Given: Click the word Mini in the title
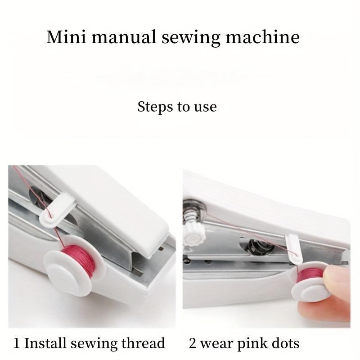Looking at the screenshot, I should tap(62, 37).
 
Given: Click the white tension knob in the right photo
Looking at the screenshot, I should tap(194, 232).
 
